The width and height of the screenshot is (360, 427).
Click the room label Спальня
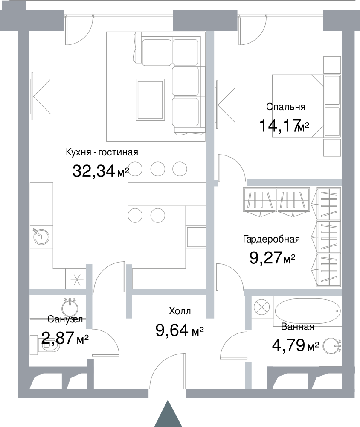[286, 107]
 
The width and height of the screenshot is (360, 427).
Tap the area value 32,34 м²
[101, 172]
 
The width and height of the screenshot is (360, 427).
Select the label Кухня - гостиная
[102, 152]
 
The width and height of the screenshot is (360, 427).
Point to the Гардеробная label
[271, 239]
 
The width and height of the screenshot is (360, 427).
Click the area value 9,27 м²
[273, 258]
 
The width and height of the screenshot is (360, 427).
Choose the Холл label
[180, 311]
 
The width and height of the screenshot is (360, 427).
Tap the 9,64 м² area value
[180, 330]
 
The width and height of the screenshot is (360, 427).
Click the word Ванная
[298, 327]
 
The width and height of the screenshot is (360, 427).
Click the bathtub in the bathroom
[308, 311]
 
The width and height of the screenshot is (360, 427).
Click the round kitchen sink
[41, 237]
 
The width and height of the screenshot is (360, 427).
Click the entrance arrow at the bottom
[168, 414]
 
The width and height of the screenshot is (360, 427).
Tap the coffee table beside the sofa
[151, 99]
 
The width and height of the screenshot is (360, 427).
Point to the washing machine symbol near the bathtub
[262, 307]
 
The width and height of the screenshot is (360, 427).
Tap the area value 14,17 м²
[285, 126]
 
